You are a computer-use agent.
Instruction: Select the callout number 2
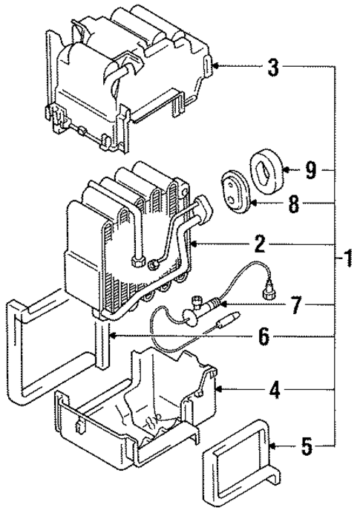[260, 243]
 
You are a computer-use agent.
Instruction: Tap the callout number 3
[273, 68]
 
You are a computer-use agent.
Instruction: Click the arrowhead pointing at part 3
[216, 67]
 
